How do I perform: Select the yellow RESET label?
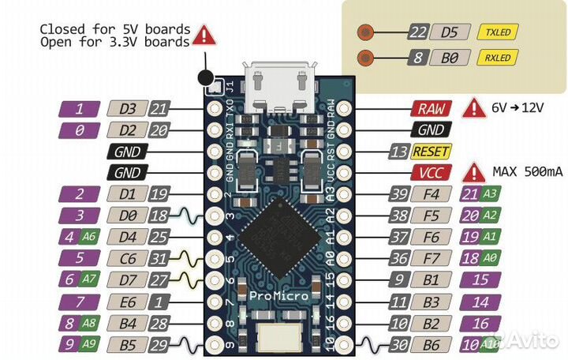click(430, 152)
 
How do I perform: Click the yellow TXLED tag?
click(498, 32)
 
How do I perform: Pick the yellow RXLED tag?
click(498, 58)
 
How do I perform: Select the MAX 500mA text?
click(525, 171)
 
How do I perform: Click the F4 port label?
click(431, 194)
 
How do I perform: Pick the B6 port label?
click(431, 343)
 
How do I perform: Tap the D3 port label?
click(126, 109)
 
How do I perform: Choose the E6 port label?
click(126, 301)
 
